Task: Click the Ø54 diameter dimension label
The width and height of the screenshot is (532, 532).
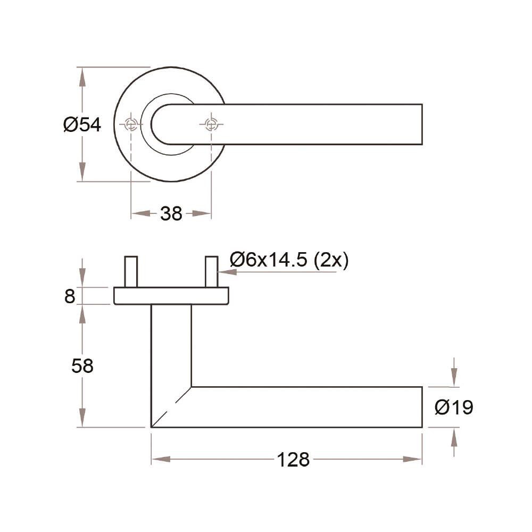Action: (82, 124)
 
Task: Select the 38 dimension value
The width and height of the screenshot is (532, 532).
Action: (171, 214)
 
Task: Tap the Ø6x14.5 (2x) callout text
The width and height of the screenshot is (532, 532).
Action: (289, 260)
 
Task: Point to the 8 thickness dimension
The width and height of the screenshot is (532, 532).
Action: (70, 296)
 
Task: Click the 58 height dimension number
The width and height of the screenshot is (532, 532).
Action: (82, 366)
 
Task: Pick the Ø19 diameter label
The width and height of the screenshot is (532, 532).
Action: (454, 407)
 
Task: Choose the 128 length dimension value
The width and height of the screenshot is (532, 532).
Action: (293, 460)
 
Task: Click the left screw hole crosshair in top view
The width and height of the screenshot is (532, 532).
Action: (131, 124)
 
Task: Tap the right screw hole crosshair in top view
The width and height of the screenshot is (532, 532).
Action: (211, 124)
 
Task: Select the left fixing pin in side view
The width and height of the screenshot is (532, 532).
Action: (131, 272)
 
